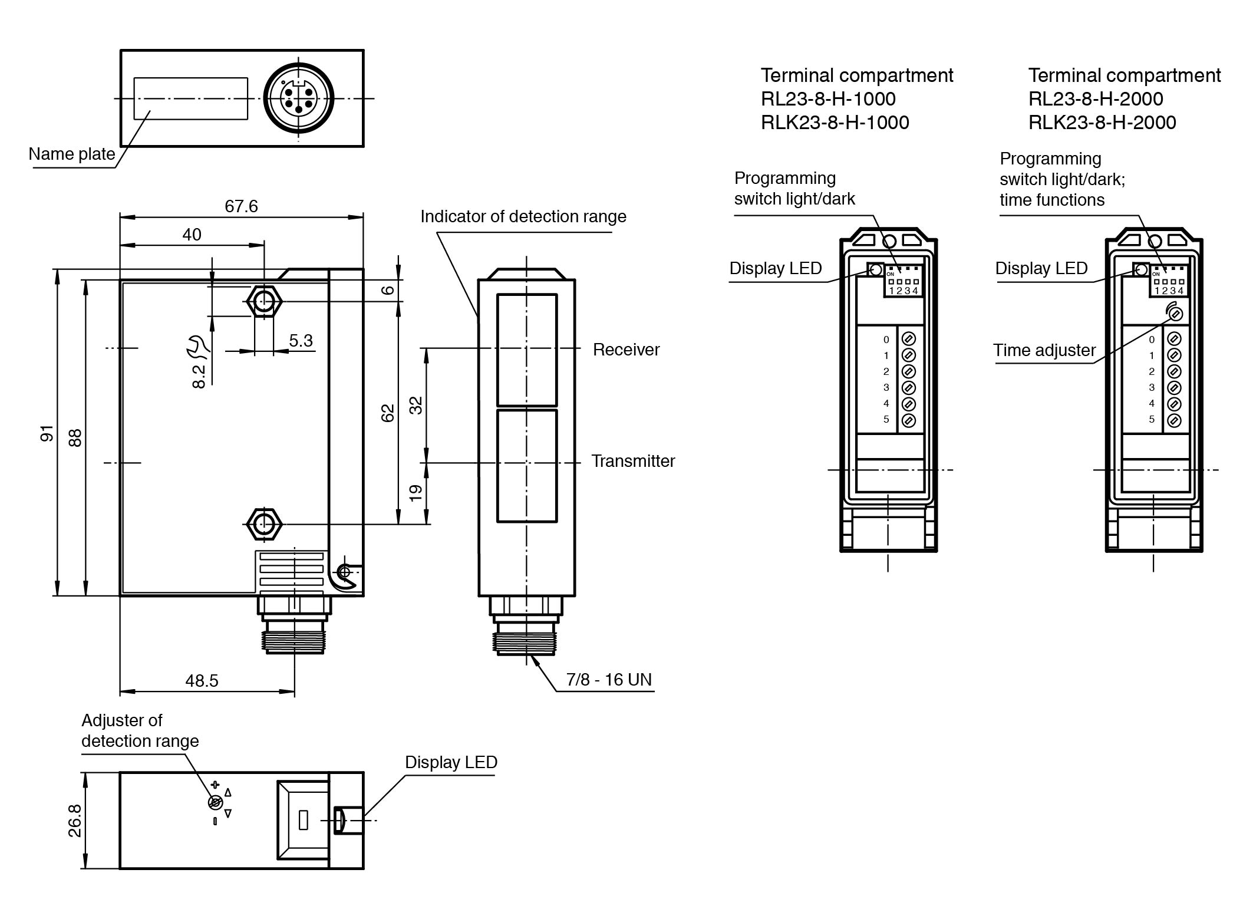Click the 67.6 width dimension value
(241, 206)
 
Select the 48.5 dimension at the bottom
(202, 681)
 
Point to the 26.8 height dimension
(75, 820)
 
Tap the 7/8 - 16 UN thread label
(609, 680)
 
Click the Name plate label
(72, 154)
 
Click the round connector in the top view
(299, 98)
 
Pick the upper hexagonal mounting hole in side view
(263, 301)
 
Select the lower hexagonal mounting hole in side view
(263, 523)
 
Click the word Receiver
(626, 350)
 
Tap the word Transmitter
(633, 461)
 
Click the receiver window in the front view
(527, 350)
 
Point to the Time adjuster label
(1044, 351)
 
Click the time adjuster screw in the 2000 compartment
(1175, 314)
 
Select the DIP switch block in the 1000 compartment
(903, 282)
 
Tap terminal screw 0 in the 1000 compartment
(909, 339)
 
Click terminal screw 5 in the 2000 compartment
(1174, 420)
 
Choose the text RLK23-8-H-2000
(1102, 123)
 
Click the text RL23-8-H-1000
(828, 99)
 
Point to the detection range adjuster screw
(215, 802)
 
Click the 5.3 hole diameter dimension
(301, 341)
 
